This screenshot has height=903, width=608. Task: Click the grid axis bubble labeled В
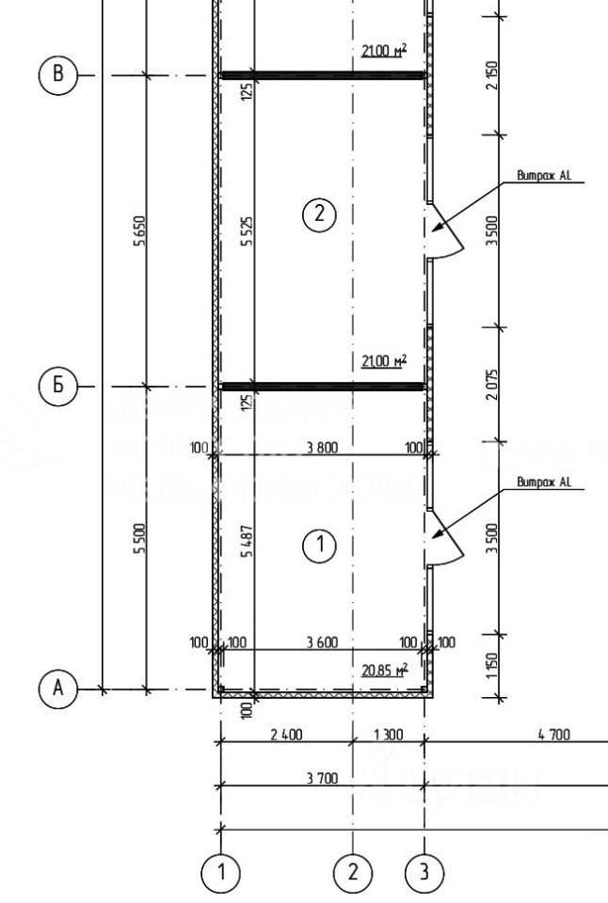pos(58,75)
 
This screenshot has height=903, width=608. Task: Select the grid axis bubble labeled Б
pos(58,386)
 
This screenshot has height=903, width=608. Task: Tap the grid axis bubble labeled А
pos(58,689)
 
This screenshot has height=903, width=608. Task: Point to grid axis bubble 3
pos(424,872)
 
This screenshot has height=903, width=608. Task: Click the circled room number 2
pos(319,214)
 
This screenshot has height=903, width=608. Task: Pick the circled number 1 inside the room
pos(319,545)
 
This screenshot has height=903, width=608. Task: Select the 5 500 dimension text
pos(139,539)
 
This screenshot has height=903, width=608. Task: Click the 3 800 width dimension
pos(321,448)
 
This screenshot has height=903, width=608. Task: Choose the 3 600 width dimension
pos(321,642)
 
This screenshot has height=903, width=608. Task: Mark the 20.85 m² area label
pos(383,671)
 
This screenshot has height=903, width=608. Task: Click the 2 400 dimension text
pos(286,735)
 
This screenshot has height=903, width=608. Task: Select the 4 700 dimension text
pos(553,735)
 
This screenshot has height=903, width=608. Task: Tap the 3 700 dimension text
pos(323,778)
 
